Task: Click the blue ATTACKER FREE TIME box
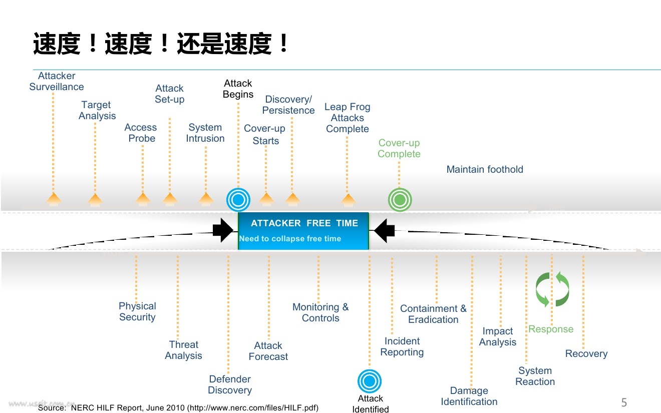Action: (303, 231)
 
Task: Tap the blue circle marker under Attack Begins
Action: (238, 200)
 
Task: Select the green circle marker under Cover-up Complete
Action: (400, 200)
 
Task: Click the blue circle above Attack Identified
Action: (370, 381)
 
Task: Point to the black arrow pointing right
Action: (222, 230)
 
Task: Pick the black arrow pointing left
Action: (385, 230)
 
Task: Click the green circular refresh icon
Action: (552, 289)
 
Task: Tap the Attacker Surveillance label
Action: (57, 82)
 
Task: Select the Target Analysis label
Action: (97, 110)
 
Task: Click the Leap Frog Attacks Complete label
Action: (348, 118)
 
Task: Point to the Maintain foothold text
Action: (485, 169)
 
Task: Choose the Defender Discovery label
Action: (230, 384)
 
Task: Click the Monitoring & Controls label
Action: (320, 312)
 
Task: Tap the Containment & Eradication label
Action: (433, 314)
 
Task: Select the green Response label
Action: (551, 329)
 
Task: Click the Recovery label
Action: (586, 353)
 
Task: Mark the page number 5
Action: (624, 402)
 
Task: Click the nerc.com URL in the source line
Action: (253, 407)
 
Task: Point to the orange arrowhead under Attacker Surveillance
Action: (54, 199)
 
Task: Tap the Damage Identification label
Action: (469, 396)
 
